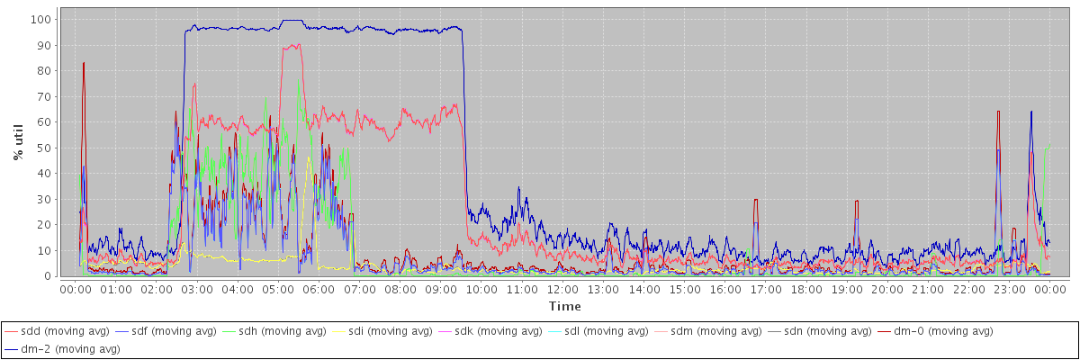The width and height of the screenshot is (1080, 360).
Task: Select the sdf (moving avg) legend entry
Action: pyautogui.click(x=173, y=331)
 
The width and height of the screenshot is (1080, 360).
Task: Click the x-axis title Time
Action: pyautogui.click(x=564, y=307)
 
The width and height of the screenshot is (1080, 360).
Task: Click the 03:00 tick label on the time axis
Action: pyautogui.click(x=196, y=289)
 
